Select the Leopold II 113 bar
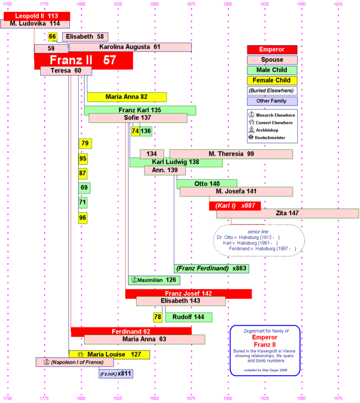click(x=35, y=16)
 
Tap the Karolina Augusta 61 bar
click(x=130, y=47)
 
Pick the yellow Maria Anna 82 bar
click(x=127, y=97)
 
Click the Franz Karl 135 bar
click(x=140, y=110)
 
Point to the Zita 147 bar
click(x=287, y=213)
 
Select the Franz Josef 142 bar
click(x=188, y=294)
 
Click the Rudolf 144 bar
click(x=188, y=317)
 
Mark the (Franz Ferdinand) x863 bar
click(x=211, y=268)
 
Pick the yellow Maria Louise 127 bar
click(x=110, y=355)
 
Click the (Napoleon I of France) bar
click(x=75, y=362)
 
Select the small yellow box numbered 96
click(x=83, y=218)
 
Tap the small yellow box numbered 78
click(x=158, y=317)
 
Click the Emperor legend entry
click(x=272, y=49)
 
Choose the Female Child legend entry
click(x=272, y=80)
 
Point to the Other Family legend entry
click(x=272, y=101)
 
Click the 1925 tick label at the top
click(x=264, y=5)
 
